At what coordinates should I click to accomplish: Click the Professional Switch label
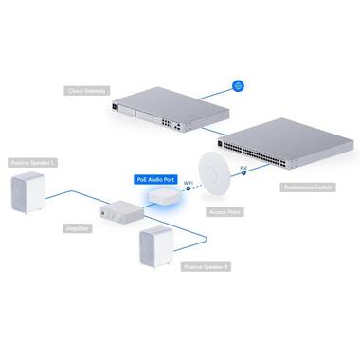[307, 188]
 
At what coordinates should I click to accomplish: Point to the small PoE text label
[243, 166]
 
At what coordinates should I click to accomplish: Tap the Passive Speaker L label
[32, 163]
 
